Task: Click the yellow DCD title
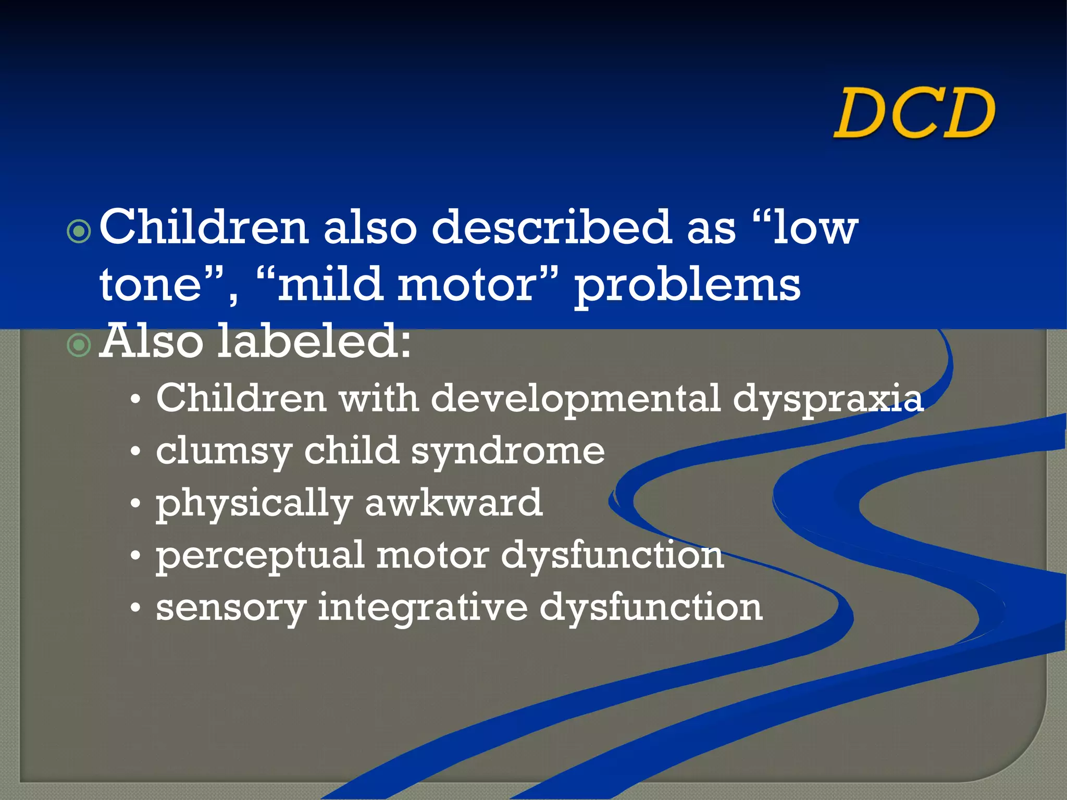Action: (914, 113)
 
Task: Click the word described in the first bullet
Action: (551, 227)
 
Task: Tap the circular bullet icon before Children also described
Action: (79, 232)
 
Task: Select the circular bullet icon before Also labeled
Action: (79, 345)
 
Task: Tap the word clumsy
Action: (224, 452)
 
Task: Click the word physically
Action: (254, 504)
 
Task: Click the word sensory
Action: (230, 608)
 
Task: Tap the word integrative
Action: (423, 608)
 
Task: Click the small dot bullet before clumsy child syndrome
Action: (135, 452)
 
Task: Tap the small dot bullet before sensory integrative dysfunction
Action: (135, 608)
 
